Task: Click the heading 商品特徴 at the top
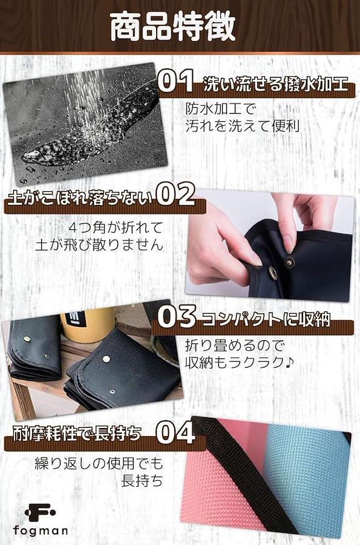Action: pyautogui.click(x=173, y=27)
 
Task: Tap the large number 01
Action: pyautogui.click(x=175, y=81)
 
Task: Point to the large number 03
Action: pyautogui.click(x=177, y=316)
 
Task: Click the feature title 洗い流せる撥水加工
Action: pyautogui.click(x=275, y=84)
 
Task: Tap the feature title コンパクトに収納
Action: pyautogui.click(x=266, y=319)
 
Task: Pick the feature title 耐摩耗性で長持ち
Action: pyautogui.click(x=77, y=434)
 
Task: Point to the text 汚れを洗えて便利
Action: pyautogui.click(x=242, y=126)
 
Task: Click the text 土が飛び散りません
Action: pyautogui.click(x=99, y=245)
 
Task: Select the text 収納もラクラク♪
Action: pyautogui.click(x=240, y=363)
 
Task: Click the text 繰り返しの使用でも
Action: pyautogui.click(x=99, y=463)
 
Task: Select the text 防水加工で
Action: pyautogui.click(x=220, y=109)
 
